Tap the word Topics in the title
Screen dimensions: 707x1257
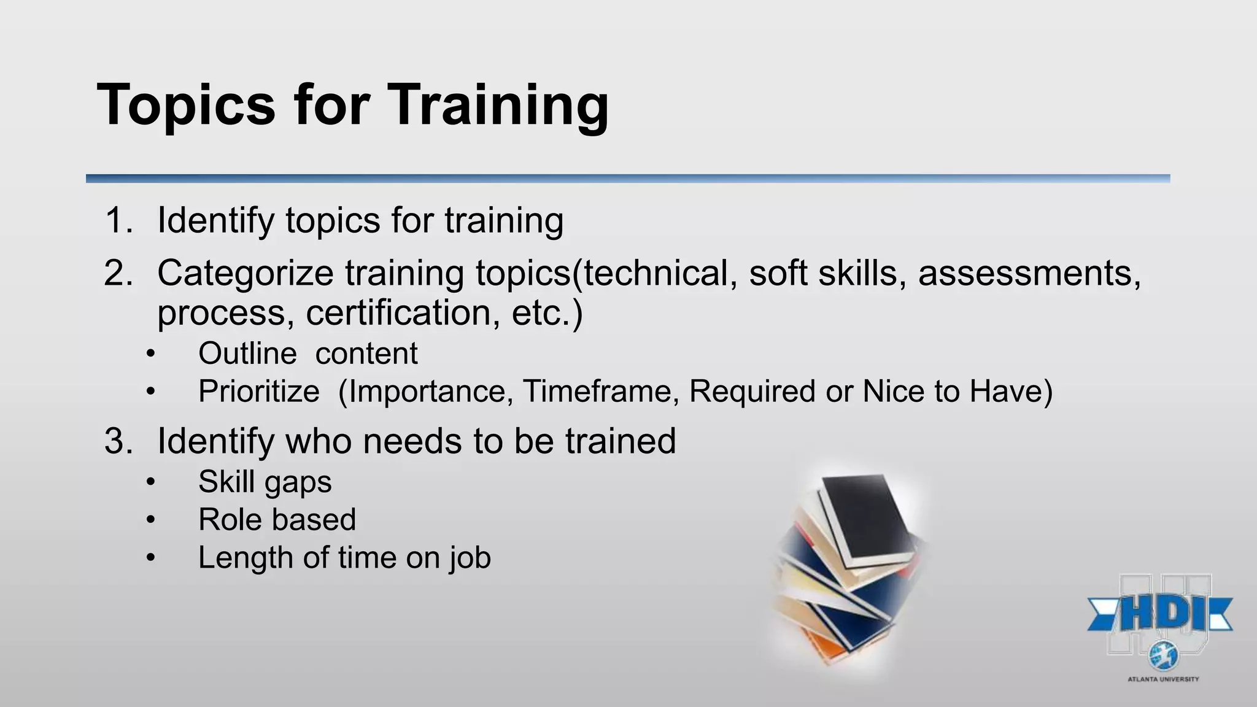186,106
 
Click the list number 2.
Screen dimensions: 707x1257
118,273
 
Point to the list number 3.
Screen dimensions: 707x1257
118,441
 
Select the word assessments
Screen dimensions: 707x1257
1029,273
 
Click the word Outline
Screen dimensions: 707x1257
247,354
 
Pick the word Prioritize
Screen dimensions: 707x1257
258,392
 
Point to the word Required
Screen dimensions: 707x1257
752,392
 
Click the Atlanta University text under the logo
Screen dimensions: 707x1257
1163,679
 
